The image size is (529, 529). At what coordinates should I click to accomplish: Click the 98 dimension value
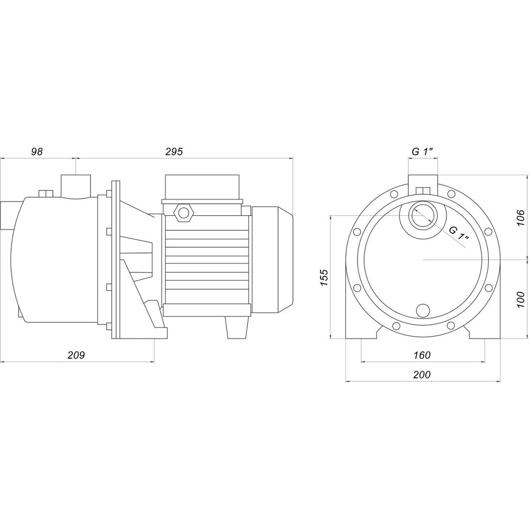click(37, 152)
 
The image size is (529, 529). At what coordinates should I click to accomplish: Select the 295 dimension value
click(174, 152)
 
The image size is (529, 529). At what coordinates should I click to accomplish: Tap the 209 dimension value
click(76, 355)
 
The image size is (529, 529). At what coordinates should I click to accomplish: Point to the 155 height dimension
click(323, 278)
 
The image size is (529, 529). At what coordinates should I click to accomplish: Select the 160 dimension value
click(422, 355)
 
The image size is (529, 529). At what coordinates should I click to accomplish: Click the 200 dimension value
click(422, 375)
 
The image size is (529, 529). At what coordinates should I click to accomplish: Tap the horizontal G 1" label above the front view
click(422, 152)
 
